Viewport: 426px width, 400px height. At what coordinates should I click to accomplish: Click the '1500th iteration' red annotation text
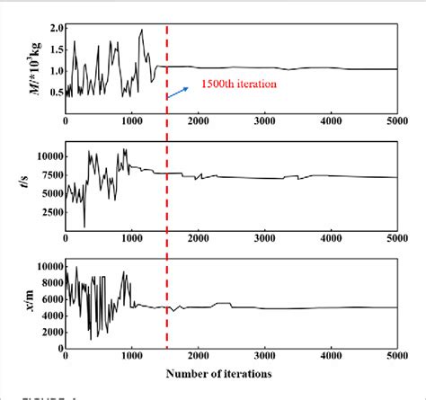239,84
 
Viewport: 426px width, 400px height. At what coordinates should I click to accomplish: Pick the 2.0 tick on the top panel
53,29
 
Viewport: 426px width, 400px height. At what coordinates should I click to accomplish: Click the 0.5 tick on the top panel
53,92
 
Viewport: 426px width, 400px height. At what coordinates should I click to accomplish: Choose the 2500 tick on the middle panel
47,214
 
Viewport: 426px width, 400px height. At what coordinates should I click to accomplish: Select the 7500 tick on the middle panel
47,174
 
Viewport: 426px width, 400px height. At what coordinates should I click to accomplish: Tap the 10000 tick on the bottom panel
44,266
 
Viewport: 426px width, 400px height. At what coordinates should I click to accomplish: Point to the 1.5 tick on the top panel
53,49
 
